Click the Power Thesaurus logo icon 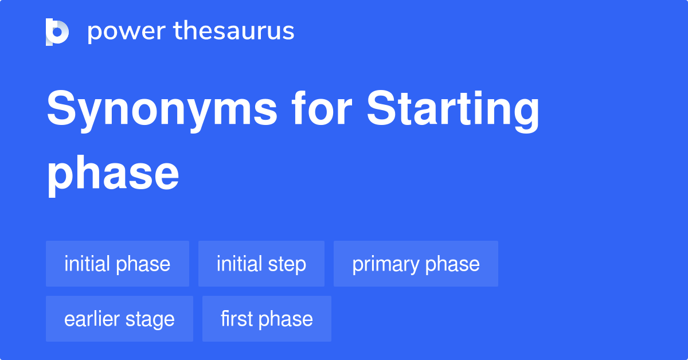[57, 32]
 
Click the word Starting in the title [453, 110]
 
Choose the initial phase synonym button [118, 264]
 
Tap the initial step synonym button [261, 264]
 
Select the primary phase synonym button [416, 264]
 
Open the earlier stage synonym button [119, 319]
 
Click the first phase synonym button [267, 319]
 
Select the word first [237, 319]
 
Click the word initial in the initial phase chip [87, 264]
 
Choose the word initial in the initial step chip [239, 264]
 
